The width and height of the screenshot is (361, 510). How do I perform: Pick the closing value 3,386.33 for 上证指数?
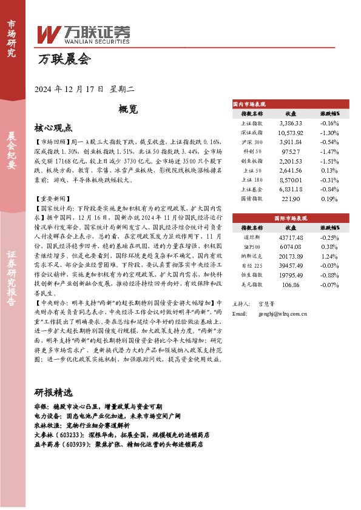pos(290,123)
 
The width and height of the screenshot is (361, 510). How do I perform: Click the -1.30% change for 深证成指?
pos(329,132)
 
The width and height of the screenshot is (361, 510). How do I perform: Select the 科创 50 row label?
pos(252,151)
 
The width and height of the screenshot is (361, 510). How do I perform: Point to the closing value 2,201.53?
pos(290,161)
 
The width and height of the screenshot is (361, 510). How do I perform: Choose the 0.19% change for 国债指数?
pos(329,198)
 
